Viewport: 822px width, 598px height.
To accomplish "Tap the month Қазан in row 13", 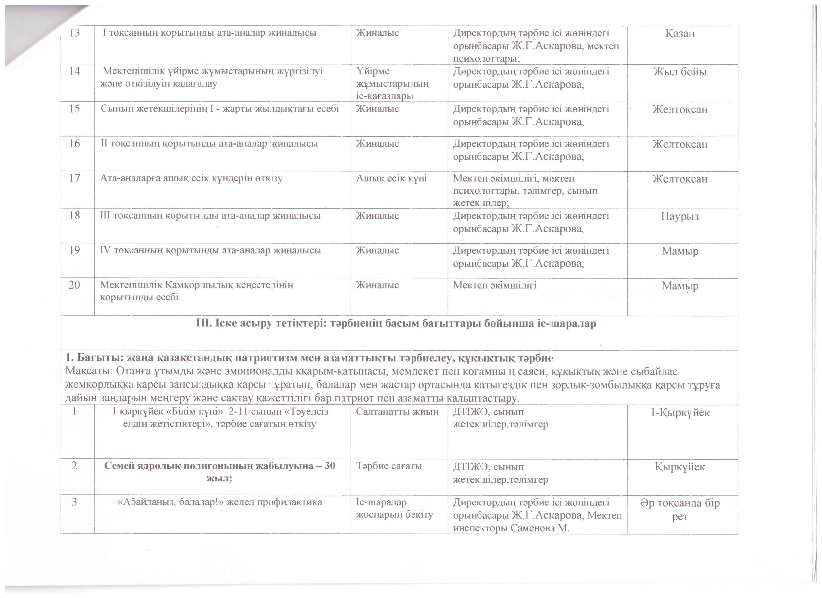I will coord(680,34).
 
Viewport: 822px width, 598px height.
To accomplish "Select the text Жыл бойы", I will coord(680,72).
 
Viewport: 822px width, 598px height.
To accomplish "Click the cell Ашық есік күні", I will coord(391,178).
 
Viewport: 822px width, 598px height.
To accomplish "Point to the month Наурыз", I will coord(680,217).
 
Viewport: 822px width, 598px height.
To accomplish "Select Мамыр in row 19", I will coord(680,251).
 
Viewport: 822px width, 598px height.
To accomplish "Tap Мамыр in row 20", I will coord(680,286).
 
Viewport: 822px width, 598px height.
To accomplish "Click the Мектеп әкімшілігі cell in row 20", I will coord(495,285).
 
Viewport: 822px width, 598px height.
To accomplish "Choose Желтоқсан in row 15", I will coord(680,109).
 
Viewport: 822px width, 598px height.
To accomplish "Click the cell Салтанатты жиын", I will coord(397,412).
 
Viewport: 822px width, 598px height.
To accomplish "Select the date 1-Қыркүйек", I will coord(680,413).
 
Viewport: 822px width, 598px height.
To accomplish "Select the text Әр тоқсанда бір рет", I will coord(680,509).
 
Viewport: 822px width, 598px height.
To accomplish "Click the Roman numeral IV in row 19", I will coord(105,250).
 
